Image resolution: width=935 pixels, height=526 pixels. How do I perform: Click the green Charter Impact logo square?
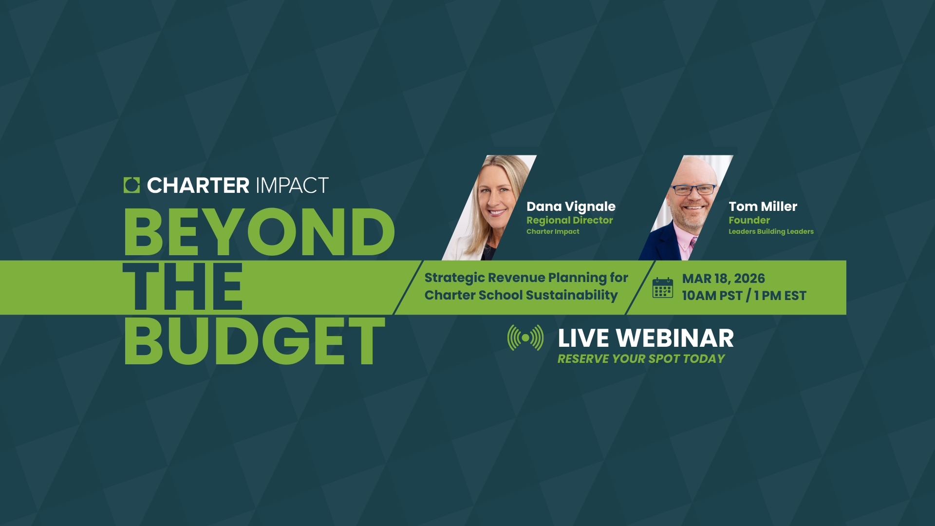(131, 185)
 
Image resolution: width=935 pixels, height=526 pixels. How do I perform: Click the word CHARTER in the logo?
(198, 186)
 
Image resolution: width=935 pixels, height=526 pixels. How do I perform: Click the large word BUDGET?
(254, 341)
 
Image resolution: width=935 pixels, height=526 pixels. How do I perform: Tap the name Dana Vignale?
(571, 207)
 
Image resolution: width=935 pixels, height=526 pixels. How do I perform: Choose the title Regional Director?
(570, 220)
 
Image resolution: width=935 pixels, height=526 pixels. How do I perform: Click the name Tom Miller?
(763, 207)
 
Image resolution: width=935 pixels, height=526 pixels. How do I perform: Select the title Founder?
(749, 220)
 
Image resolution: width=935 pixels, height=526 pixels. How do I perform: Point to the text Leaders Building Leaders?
(771, 231)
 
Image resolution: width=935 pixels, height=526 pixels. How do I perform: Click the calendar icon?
(663, 288)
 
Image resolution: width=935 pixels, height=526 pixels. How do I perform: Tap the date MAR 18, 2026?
(723, 279)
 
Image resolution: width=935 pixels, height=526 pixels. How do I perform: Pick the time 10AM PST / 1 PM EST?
(744, 296)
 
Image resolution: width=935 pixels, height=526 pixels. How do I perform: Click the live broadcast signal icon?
(525, 338)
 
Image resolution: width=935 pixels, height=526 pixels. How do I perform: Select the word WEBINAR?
(674, 338)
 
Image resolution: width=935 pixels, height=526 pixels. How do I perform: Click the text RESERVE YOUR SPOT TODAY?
(641, 359)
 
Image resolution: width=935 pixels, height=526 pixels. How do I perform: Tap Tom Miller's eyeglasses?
(694, 189)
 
